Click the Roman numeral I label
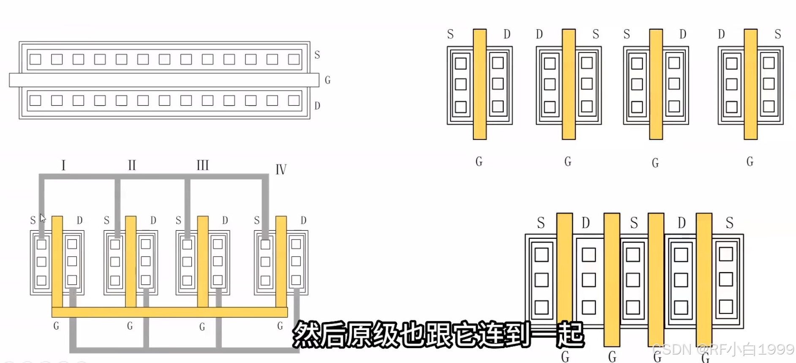(64, 165)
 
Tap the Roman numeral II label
(132, 165)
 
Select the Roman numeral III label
(203, 165)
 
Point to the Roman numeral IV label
(281, 169)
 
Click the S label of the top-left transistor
(317, 55)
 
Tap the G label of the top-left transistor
(327, 80)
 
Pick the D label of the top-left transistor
(317, 106)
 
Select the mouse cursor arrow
(43, 218)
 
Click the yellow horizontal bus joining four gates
(169, 312)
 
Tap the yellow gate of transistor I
(57, 262)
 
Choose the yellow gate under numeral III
(203, 262)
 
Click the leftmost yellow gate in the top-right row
(480, 85)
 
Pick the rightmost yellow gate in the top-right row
(751, 85)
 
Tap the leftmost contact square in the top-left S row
(35, 59)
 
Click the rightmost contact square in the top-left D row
(294, 101)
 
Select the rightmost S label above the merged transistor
(730, 223)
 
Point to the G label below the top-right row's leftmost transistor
(479, 161)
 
